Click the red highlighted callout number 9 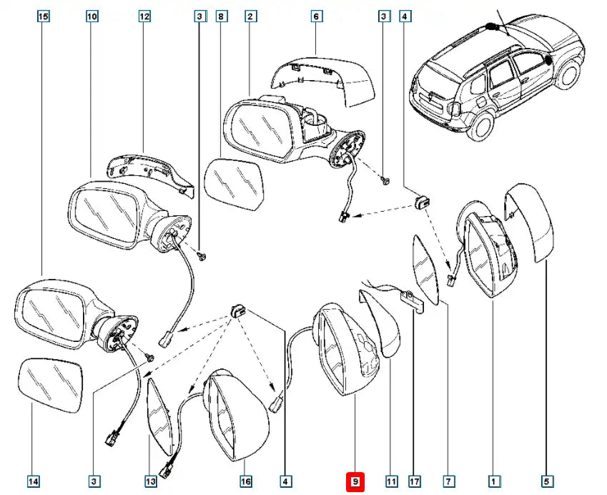(x=355, y=482)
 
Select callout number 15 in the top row (x=43, y=16)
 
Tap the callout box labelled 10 (x=92, y=16)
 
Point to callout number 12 (x=144, y=16)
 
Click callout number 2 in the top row (x=250, y=16)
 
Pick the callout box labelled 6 (x=317, y=16)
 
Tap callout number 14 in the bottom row (x=34, y=482)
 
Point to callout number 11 (x=391, y=482)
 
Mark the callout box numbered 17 (x=415, y=482)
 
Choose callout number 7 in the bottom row (x=448, y=482)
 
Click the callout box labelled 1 (x=493, y=482)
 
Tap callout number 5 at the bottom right (x=547, y=482)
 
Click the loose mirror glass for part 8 (x=233, y=183)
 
